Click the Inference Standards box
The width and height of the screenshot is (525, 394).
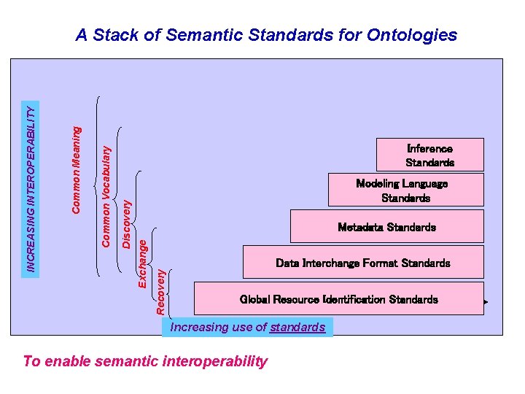tap(429, 155)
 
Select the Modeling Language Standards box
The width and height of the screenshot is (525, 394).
tap(405, 190)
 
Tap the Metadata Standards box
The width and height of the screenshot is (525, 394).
tap(386, 227)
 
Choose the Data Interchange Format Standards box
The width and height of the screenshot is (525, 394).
tap(362, 263)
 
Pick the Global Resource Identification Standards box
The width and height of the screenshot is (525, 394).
tap(338, 299)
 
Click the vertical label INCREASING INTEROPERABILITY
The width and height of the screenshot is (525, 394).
tap(31, 188)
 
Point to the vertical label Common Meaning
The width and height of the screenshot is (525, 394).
tap(77, 170)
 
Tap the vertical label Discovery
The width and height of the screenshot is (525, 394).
tap(126, 225)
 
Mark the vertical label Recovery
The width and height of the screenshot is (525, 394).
tap(160, 291)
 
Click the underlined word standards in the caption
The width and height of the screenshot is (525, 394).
tap(297, 327)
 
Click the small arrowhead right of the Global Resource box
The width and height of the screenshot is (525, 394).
tap(486, 301)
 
